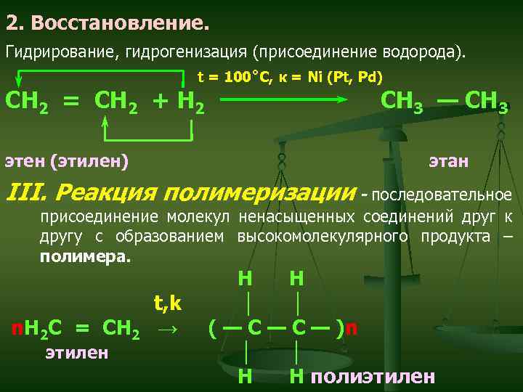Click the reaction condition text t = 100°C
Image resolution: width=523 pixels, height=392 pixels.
[x=227, y=76]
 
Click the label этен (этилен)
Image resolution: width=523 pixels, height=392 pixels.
[x=67, y=160]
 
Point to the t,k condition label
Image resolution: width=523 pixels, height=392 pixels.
[x=167, y=302]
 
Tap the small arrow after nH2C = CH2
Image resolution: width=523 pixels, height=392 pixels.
[x=167, y=330]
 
